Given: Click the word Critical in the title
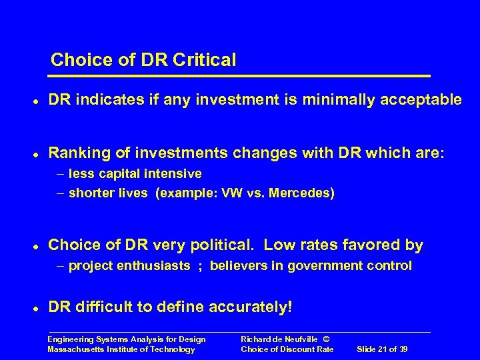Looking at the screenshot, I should coord(205,60).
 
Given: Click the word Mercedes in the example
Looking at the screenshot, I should coord(303,193).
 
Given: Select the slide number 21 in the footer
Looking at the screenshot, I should coord(385,349).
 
